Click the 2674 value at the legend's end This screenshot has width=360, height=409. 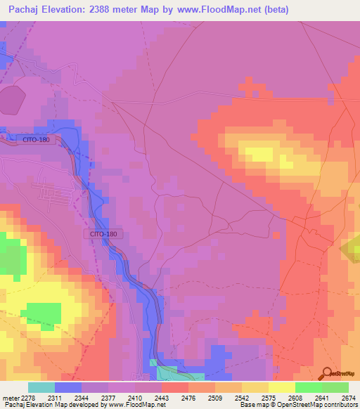pos(347,397)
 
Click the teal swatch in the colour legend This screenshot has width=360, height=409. pos(41,387)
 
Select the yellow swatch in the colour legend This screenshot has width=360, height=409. pos(282,387)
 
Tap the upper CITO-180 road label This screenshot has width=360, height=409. pos(35,140)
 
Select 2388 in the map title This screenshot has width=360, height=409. pos(121,10)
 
